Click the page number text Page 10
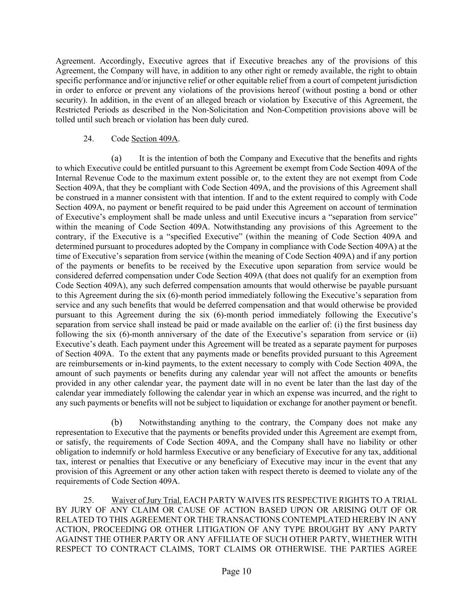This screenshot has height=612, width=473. point(236,571)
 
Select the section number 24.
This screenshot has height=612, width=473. point(88,139)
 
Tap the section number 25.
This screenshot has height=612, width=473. point(88,500)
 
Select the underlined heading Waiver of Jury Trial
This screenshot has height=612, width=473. point(147,500)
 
